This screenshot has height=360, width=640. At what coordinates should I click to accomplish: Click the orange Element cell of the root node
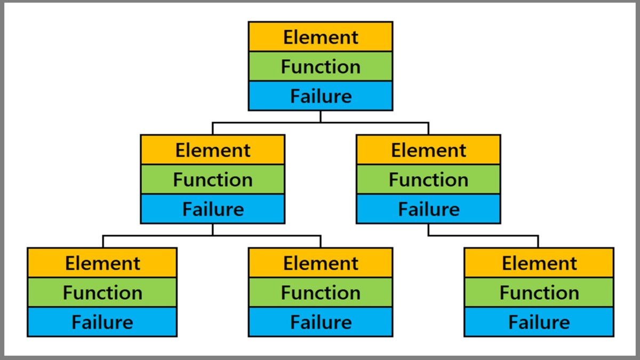(x=321, y=37)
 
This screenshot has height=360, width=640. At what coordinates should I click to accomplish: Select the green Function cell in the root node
(x=321, y=66)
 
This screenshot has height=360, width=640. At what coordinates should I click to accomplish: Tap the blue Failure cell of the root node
(x=321, y=96)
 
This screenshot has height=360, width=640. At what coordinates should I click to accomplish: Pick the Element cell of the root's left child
(x=213, y=150)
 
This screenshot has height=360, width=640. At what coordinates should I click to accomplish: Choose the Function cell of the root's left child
(x=213, y=179)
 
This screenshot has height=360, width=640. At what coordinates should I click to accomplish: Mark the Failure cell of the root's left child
(x=213, y=209)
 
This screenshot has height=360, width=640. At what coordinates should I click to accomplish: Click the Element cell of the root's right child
(x=428, y=150)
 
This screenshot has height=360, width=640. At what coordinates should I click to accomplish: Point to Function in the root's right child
(x=428, y=180)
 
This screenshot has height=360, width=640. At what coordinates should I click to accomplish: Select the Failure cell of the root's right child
(x=428, y=209)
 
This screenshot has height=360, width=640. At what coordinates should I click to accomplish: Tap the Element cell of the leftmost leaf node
(x=102, y=263)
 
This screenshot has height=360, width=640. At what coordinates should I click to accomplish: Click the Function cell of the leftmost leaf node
(x=102, y=292)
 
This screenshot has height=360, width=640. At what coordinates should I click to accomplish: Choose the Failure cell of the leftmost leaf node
(x=102, y=322)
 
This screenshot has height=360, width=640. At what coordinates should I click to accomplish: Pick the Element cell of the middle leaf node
(x=321, y=263)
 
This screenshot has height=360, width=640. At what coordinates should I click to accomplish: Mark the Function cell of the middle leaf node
(x=321, y=292)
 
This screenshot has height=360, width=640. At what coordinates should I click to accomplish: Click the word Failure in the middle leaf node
(x=321, y=322)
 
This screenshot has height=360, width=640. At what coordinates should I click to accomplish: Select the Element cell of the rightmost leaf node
(x=539, y=263)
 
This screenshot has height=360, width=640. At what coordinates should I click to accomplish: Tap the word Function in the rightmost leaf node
(x=539, y=293)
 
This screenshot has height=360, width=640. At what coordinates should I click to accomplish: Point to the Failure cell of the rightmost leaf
(x=539, y=322)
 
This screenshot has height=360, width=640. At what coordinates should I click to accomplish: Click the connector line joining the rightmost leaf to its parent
(x=483, y=235)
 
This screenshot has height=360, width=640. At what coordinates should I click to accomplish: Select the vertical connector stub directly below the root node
(x=321, y=116)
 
